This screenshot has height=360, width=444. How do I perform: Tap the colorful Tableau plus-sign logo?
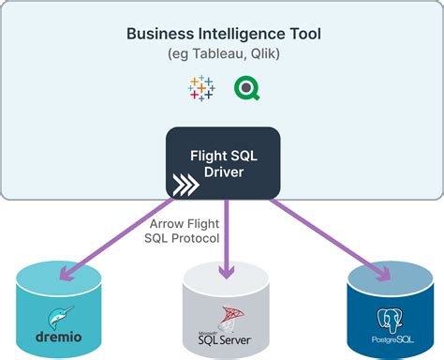[200, 89]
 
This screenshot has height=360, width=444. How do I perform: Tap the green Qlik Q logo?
[248, 89]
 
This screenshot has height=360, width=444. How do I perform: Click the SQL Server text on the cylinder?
[225, 339]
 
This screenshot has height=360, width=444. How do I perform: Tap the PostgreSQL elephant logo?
[389, 320]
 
